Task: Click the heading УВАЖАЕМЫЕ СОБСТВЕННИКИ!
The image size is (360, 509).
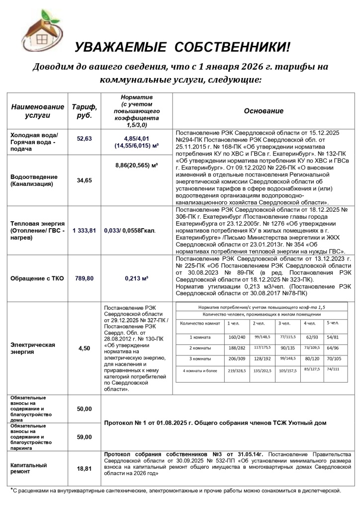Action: (182, 47)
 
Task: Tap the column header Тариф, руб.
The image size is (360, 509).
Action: (85, 111)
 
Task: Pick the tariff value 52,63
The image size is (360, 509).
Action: (85, 139)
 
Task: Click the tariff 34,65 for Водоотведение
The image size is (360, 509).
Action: (85, 180)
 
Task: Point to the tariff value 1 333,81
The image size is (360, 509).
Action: (83, 231)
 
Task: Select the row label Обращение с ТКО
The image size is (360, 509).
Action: (37, 278)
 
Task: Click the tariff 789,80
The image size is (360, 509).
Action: (84, 278)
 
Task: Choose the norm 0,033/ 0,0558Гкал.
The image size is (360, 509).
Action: (130, 231)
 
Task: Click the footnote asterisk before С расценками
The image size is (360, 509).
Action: (12, 490)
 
